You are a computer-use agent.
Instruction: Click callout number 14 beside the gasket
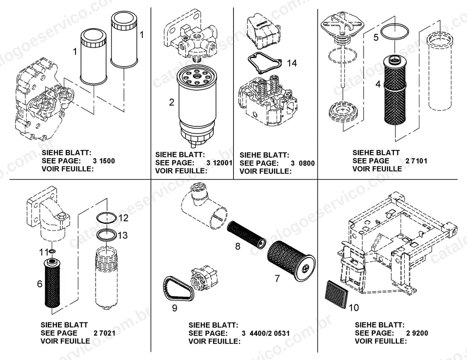(x=292, y=63)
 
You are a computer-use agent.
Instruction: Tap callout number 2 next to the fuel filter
(x=172, y=102)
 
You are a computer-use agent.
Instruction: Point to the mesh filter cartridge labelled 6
(x=52, y=283)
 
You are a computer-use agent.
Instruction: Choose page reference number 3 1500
(x=104, y=161)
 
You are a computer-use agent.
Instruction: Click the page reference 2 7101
(x=416, y=161)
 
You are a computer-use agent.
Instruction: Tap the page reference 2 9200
(x=417, y=333)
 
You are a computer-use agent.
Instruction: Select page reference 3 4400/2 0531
(x=266, y=333)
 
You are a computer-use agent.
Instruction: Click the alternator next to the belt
(x=204, y=279)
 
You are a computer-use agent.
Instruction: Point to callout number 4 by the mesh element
(x=378, y=84)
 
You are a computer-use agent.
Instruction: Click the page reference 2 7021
(x=104, y=333)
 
